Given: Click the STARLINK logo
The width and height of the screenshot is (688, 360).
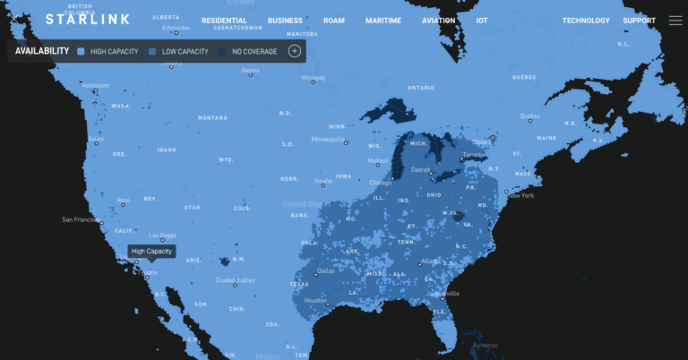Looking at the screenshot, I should [88, 19].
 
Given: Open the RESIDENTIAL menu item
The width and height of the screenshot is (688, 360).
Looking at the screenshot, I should [225, 21].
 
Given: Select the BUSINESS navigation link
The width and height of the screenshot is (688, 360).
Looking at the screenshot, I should [285, 21].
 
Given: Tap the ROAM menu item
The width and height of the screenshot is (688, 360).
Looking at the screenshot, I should [334, 21].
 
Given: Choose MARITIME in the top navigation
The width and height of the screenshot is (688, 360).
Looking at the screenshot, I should [383, 21].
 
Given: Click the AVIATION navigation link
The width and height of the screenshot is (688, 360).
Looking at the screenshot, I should [439, 21].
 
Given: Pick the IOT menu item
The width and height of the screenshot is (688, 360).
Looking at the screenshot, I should [482, 21].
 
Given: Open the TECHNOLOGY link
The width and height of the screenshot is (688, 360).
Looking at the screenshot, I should [586, 21].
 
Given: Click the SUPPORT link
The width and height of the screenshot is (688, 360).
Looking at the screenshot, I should [639, 21].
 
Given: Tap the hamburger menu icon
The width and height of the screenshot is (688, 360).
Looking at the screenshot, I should [675, 20].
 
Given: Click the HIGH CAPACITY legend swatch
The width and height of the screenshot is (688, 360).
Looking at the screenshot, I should [82, 51].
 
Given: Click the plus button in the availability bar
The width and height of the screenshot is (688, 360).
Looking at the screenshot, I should [294, 51].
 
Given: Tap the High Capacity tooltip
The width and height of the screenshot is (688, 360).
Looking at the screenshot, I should [152, 252].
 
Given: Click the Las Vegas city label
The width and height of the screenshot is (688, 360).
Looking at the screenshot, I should [162, 236].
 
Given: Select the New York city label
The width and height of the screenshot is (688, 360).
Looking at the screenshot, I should [520, 195].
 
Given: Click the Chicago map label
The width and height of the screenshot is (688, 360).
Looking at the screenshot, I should [381, 183].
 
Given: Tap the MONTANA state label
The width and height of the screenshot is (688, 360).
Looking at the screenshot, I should [212, 117].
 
